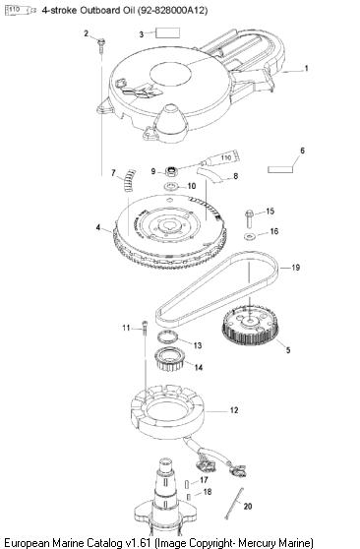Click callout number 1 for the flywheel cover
click(x=307, y=68)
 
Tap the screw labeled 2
click(x=101, y=45)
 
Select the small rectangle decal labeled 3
click(x=168, y=32)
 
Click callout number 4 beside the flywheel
click(x=98, y=227)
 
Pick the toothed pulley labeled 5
click(x=250, y=326)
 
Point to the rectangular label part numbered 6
click(x=280, y=169)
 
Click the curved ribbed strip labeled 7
click(x=129, y=180)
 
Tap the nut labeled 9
click(x=171, y=171)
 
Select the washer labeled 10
click(x=171, y=186)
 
